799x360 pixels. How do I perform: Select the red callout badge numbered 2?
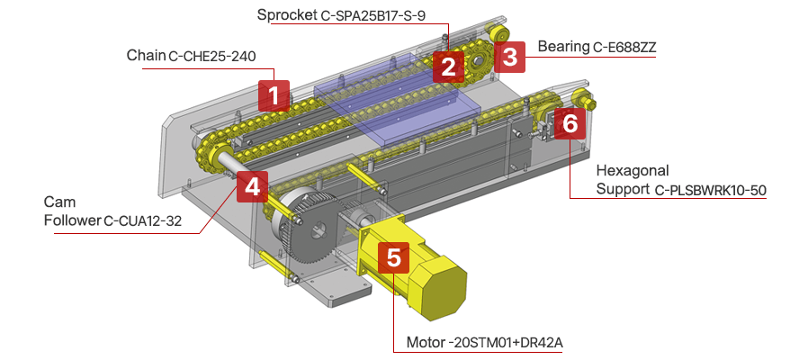click(x=447, y=65)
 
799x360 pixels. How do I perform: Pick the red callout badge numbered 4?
click(x=253, y=186)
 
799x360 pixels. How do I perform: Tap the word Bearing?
click(x=563, y=47)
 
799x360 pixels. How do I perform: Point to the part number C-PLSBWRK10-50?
click(x=710, y=190)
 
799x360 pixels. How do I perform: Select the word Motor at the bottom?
click(x=426, y=342)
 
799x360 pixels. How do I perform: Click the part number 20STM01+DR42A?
click(x=507, y=343)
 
